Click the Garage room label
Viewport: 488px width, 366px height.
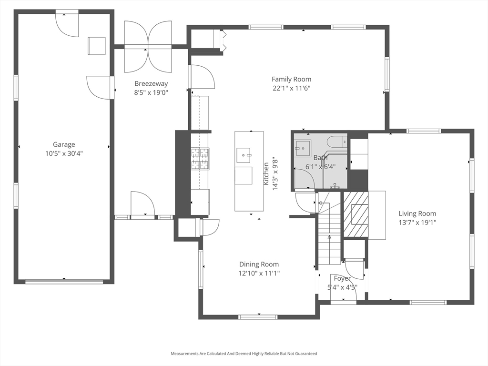click(x=64, y=144)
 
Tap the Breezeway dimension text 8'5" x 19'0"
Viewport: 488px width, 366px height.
click(x=151, y=92)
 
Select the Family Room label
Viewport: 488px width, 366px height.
click(x=291, y=79)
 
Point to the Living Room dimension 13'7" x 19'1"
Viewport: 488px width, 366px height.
click(x=417, y=223)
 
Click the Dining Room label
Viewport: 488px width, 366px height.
click(x=259, y=264)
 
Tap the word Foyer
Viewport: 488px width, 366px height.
click(x=342, y=278)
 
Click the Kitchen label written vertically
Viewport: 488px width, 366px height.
click(x=266, y=173)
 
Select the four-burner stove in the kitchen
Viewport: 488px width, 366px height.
click(x=200, y=159)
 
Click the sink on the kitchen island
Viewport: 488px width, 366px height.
click(x=244, y=155)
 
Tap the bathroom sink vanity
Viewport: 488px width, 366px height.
click(x=303, y=148)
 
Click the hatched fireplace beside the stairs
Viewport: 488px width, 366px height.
click(x=356, y=214)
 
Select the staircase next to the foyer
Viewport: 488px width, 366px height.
click(x=329, y=228)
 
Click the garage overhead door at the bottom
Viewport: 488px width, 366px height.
click(x=64, y=281)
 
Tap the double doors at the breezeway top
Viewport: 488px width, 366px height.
click(x=148, y=47)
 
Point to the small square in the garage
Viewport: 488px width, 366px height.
click(x=96, y=46)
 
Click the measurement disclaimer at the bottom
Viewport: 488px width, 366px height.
click(x=244, y=354)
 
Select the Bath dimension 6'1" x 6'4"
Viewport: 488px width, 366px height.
click(x=320, y=167)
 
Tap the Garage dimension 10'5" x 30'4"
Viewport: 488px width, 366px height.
click(x=64, y=153)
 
